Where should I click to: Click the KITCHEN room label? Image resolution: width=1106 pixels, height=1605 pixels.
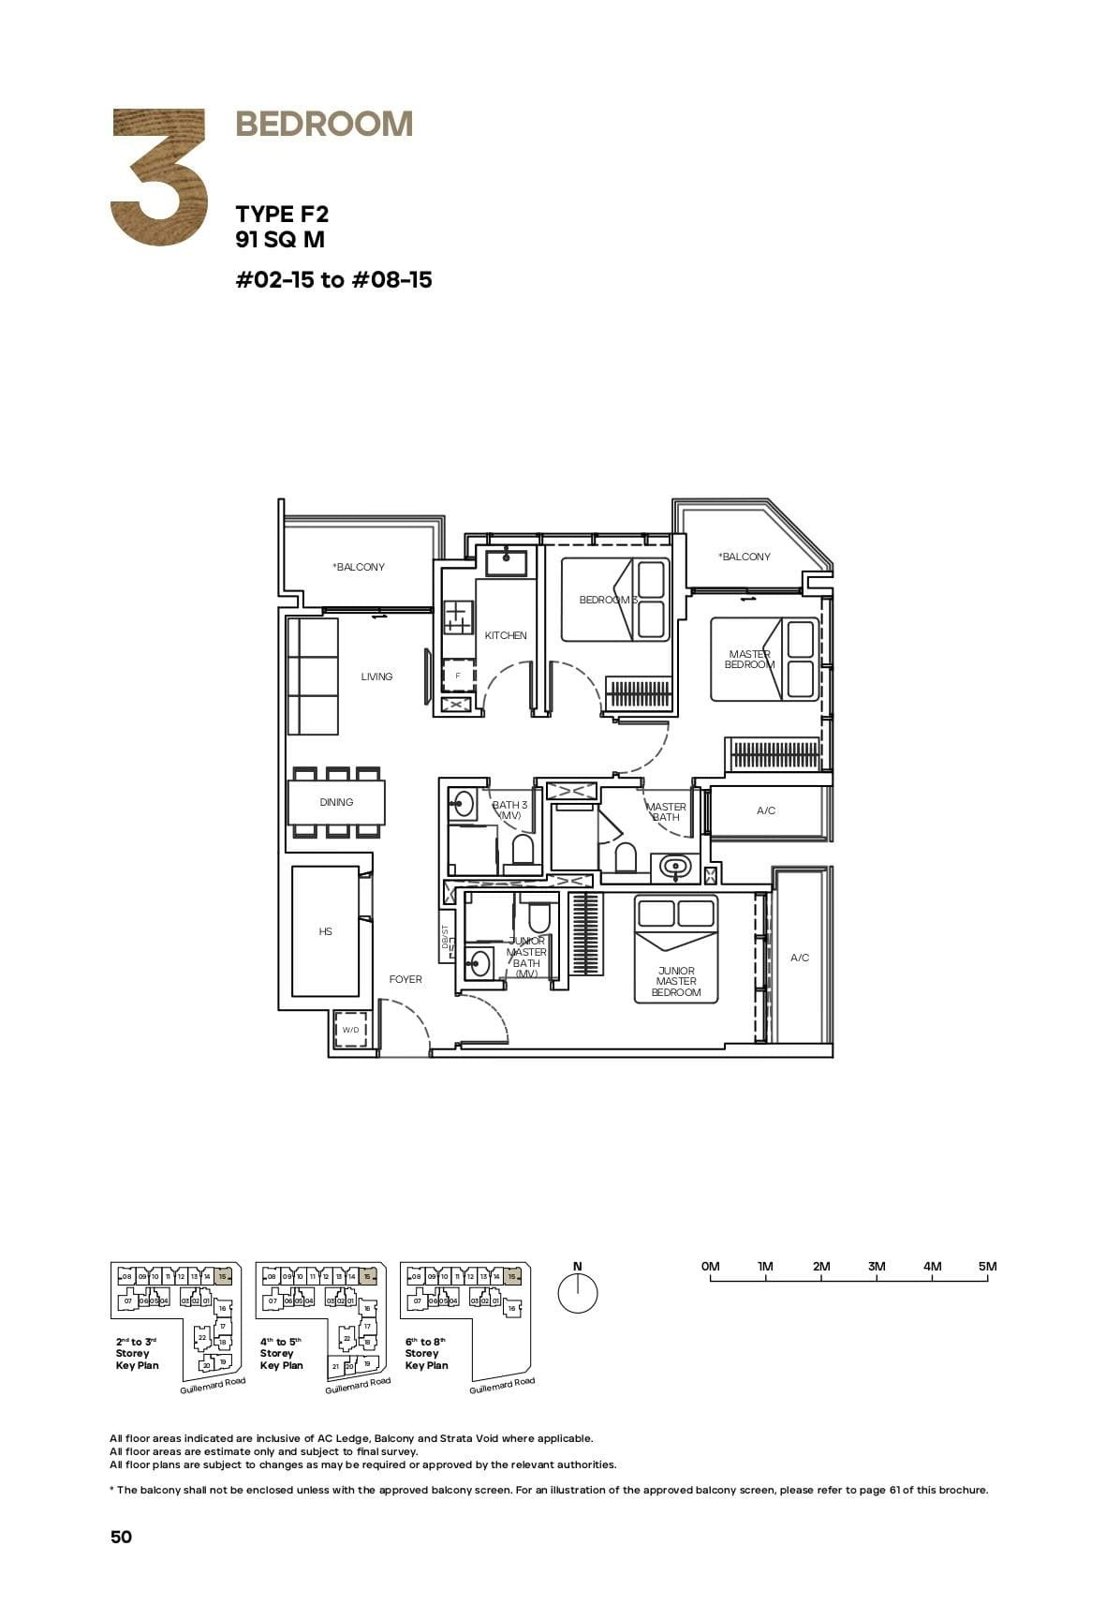point(506,635)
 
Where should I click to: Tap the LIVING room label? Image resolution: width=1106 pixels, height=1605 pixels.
point(376,676)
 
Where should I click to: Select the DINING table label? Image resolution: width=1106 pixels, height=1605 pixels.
point(336,802)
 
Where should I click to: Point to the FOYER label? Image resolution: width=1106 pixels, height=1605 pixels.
point(406,979)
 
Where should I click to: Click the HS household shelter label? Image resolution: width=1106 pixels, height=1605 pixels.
point(325,931)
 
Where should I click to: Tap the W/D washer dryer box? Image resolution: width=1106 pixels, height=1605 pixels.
point(350,1030)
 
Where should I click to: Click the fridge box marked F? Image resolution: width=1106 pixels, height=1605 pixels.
point(458,675)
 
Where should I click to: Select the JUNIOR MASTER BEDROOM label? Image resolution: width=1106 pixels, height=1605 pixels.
point(676,982)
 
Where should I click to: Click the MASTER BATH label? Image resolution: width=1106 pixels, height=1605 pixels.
point(666,811)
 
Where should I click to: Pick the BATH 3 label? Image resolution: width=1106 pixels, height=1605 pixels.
point(509,810)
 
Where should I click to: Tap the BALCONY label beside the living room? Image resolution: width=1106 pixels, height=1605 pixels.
point(359,567)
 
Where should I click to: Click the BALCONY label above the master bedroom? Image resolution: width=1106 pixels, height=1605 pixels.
point(745,557)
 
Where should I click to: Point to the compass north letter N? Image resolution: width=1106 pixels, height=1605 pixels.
point(577,1267)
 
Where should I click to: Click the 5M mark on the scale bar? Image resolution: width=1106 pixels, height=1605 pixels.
point(987,1267)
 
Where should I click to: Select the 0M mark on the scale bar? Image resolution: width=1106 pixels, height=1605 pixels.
point(711,1267)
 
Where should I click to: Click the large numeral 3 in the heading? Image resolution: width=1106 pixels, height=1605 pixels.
point(159,177)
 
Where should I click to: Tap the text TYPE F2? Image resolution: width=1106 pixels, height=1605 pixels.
point(282,215)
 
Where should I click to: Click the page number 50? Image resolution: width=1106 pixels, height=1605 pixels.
point(121,1537)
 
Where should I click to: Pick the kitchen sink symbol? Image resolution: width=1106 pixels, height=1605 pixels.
point(506,563)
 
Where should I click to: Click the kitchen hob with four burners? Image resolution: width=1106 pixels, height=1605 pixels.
point(458,617)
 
